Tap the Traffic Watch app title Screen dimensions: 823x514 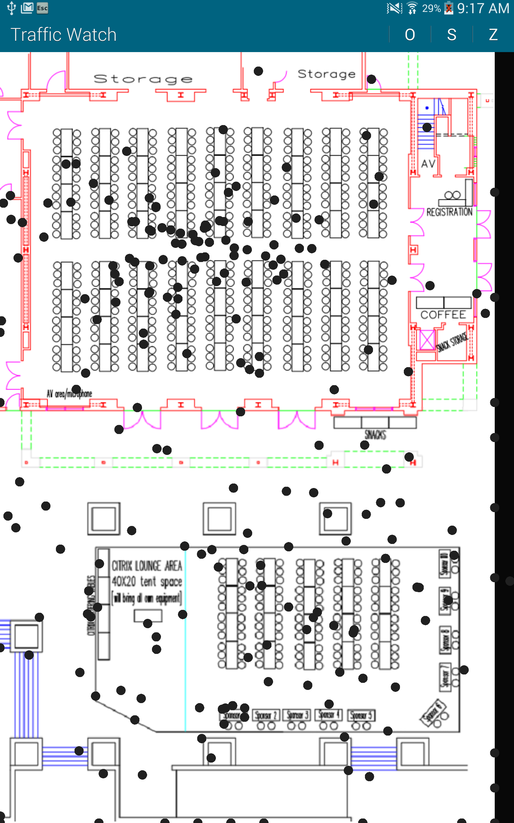[64, 34]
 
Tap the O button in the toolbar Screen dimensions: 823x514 [410, 34]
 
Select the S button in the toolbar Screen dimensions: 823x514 [451, 34]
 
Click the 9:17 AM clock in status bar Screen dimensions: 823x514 [483, 8]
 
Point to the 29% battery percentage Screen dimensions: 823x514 [431, 8]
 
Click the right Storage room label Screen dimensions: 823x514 [326, 74]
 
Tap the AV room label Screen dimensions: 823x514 [428, 164]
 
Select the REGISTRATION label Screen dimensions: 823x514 [449, 212]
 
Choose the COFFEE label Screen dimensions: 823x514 [443, 315]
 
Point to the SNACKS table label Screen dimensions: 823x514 [375, 435]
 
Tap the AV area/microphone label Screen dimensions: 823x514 [69, 394]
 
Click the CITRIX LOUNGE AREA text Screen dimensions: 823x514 [147, 566]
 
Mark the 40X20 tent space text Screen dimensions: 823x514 [147, 582]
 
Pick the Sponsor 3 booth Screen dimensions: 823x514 [297, 715]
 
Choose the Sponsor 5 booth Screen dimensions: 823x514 [361, 715]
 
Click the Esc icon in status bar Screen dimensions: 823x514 [42, 8]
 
